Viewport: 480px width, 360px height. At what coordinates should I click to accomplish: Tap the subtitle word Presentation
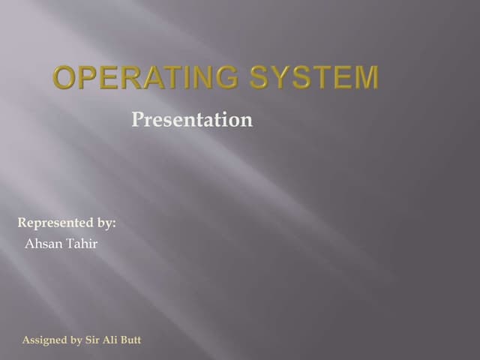pyautogui.click(x=192, y=119)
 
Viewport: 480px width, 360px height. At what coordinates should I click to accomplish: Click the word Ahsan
pyautogui.click(x=43, y=244)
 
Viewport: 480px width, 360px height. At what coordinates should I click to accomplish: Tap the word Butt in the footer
pyautogui.click(x=131, y=340)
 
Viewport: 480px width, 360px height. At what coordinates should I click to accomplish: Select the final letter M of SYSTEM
pyautogui.click(x=366, y=78)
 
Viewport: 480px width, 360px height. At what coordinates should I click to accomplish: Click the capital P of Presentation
pyautogui.click(x=137, y=119)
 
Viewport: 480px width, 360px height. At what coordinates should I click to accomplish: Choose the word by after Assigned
pyautogui.click(x=76, y=340)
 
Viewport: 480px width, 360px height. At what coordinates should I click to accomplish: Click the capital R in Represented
pyautogui.click(x=22, y=223)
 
